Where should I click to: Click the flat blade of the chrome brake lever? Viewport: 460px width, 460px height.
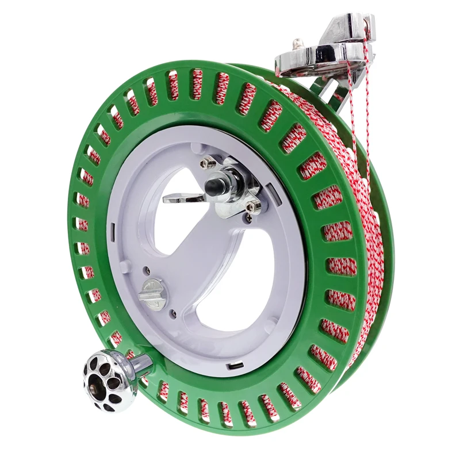[x=183, y=198]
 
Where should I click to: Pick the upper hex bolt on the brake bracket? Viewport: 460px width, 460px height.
[x=206, y=164]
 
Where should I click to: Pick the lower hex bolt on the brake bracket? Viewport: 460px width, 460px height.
[x=251, y=204]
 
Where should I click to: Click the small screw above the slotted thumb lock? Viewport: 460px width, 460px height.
[x=147, y=269]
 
